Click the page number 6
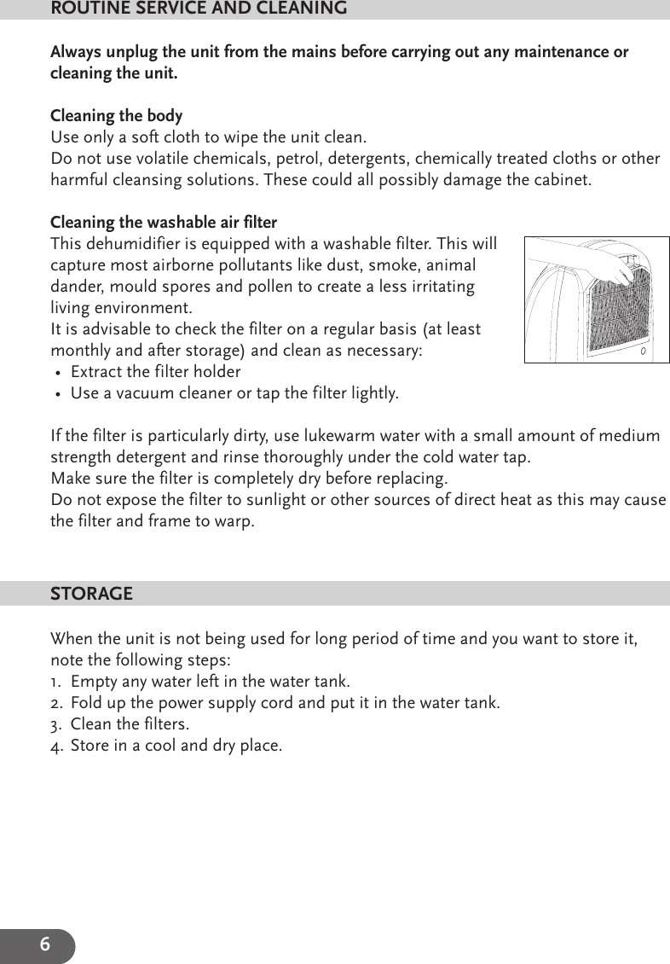point(44,945)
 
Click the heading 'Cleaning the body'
point(116,116)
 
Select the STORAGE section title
point(91,594)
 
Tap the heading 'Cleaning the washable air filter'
point(164,223)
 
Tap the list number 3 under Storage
point(55,724)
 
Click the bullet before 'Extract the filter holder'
point(56,373)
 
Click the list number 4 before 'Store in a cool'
point(55,746)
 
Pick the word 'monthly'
point(79,351)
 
